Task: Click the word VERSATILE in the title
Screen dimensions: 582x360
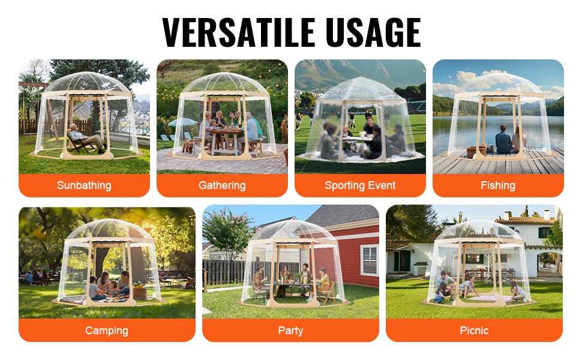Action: [x=239, y=32]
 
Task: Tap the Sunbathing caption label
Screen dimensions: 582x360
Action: [x=84, y=185]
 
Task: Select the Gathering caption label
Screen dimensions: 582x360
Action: [x=222, y=185]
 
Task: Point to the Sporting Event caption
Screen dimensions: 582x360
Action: [x=360, y=185]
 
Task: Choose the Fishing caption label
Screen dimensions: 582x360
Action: [x=498, y=185]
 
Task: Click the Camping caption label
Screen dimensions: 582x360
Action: [x=107, y=331]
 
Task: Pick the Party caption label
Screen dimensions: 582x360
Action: [x=290, y=331]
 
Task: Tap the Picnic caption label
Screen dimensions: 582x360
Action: [x=474, y=331]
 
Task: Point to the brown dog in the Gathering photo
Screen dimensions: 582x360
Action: [x=187, y=146]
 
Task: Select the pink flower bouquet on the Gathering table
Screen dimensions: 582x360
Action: [x=235, y=117]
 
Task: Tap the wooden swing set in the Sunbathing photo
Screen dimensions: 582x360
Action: [x=37, y=107]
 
